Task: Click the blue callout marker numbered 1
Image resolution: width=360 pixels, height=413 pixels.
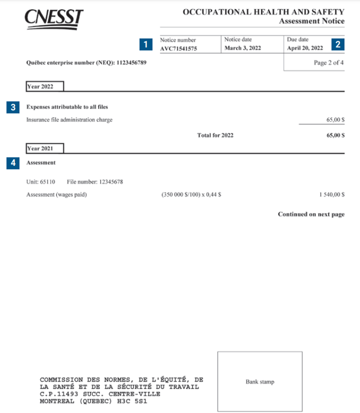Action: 147,44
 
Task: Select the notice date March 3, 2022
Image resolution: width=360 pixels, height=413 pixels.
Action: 242,48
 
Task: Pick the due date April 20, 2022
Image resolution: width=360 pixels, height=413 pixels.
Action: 305,48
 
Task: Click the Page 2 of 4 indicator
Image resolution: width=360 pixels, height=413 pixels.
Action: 329,63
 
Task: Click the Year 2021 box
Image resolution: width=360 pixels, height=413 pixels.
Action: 44,148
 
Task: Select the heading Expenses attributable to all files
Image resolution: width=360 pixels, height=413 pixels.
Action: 67,107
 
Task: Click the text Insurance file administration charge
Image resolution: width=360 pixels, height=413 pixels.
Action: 70,120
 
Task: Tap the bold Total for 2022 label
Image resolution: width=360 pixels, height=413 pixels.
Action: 215,135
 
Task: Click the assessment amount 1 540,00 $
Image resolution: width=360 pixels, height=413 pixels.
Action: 332,195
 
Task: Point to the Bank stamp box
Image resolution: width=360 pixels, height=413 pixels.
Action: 260,382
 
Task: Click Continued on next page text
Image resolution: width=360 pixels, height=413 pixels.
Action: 311,214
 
